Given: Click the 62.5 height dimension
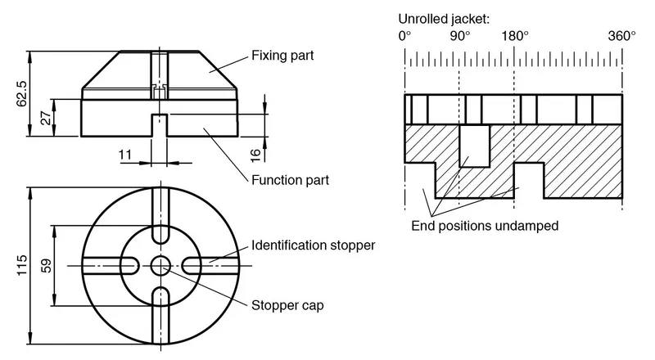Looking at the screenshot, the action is (22, 93).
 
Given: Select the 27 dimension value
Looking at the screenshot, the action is (47, 118).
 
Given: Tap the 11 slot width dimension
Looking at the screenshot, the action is (125, 155).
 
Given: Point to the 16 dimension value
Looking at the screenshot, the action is (255, 155).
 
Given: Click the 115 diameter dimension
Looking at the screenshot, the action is (22, 265).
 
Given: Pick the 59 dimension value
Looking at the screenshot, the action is (47, 266).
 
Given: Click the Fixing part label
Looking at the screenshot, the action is (282, 56).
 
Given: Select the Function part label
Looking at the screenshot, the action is (290, 180).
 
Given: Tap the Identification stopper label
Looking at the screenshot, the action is (313, 245).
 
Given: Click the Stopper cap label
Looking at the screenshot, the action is (287, 305).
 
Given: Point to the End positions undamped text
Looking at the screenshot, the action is (485, 226).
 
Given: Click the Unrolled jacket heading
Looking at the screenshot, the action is (444, 19).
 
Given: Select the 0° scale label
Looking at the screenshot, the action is (404, 36).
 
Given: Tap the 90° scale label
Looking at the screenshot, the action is (460, 36).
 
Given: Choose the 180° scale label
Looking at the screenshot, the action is (515, 36).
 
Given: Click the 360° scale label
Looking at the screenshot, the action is (621, 36).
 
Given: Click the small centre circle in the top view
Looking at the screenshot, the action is (160, 266).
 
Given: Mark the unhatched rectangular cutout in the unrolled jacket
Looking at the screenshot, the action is (475, 146).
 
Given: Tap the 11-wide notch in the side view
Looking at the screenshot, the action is (159, 125).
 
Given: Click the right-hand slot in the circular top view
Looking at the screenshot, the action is (210, 266).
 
